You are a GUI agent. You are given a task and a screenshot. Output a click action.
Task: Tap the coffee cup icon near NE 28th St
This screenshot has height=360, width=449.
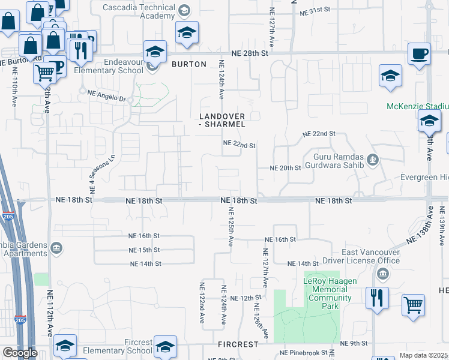coord(419,54)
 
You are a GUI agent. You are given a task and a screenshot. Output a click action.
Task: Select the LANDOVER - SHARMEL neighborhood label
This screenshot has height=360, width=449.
coord(223,120)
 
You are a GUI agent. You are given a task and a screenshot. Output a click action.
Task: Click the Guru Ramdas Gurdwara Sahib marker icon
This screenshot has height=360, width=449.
coord(373,160)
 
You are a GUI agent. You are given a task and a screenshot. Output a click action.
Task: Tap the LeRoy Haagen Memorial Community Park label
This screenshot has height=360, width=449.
coord(329,293)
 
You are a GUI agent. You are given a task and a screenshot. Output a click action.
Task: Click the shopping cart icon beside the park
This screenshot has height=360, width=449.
coord(413,304)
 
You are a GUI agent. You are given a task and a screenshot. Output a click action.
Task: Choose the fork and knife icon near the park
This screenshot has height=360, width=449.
coord(376,298)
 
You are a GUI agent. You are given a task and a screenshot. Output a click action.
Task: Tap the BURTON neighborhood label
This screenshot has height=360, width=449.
coord(185,64)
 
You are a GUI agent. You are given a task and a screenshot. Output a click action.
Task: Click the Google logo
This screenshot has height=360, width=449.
coord(20,353)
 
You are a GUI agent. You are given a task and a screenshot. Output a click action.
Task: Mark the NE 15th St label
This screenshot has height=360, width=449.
coord(144,250)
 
